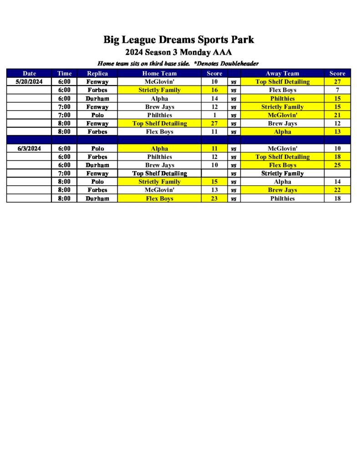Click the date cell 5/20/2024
click(29, 82)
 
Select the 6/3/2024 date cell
click(29, 148)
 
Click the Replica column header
click(97, 73)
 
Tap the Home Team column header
click(159, 73)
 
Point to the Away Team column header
click(282, 73)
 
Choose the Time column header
click(65, 73)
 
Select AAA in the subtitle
click(223, 52)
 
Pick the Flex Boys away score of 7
click(337, 90)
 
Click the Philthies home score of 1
click(214, 115)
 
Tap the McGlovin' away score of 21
click(337, 115)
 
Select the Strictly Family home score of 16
click(214, 90)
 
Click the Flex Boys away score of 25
click(337, 165)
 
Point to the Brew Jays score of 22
click(337, 190)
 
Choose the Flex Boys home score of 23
click(214, 198)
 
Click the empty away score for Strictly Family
click(337, 173)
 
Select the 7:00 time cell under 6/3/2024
click(65, 173)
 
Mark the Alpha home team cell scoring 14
click(159, 98)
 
